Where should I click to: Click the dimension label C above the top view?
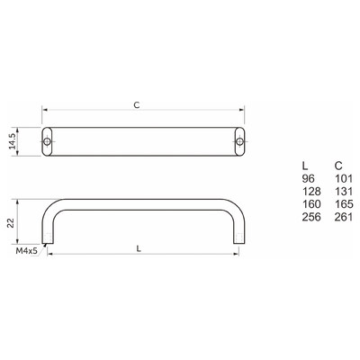pyautogui.click(x=137, y=105)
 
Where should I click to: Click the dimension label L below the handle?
pyautogui.click(x=139, y=248)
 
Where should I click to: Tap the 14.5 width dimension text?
pyautogui.click(x=12, y=141)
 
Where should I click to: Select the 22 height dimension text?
pyautogui.click(x=11, y=222)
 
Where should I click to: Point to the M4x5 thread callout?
pyautogui.click(x=27, y=251)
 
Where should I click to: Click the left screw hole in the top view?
pyautogui.click(x=47, y=141)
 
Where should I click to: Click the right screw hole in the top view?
pyautogui.click(x=239, y=141)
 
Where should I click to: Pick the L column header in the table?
pyautogui.click(x=305, y=166)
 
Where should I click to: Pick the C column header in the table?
pyautogui.click(x=338, y=166)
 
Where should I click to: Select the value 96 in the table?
pyautogui.click(x=309, y=178)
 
